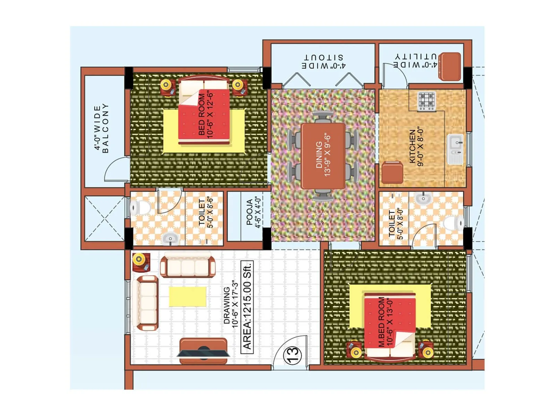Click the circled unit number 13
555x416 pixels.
pos(292,355)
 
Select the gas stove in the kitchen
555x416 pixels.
pos(426,101)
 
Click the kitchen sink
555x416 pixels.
pos(455,148)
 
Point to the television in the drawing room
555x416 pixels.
pos(203,352)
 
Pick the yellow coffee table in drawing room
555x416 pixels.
pos(187,296)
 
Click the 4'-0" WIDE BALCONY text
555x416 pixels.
pos(101,128)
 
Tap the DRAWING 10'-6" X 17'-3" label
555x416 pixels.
pos(231,305)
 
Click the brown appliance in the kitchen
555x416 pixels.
pos(392,172)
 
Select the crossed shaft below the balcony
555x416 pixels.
pos(104,218)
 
